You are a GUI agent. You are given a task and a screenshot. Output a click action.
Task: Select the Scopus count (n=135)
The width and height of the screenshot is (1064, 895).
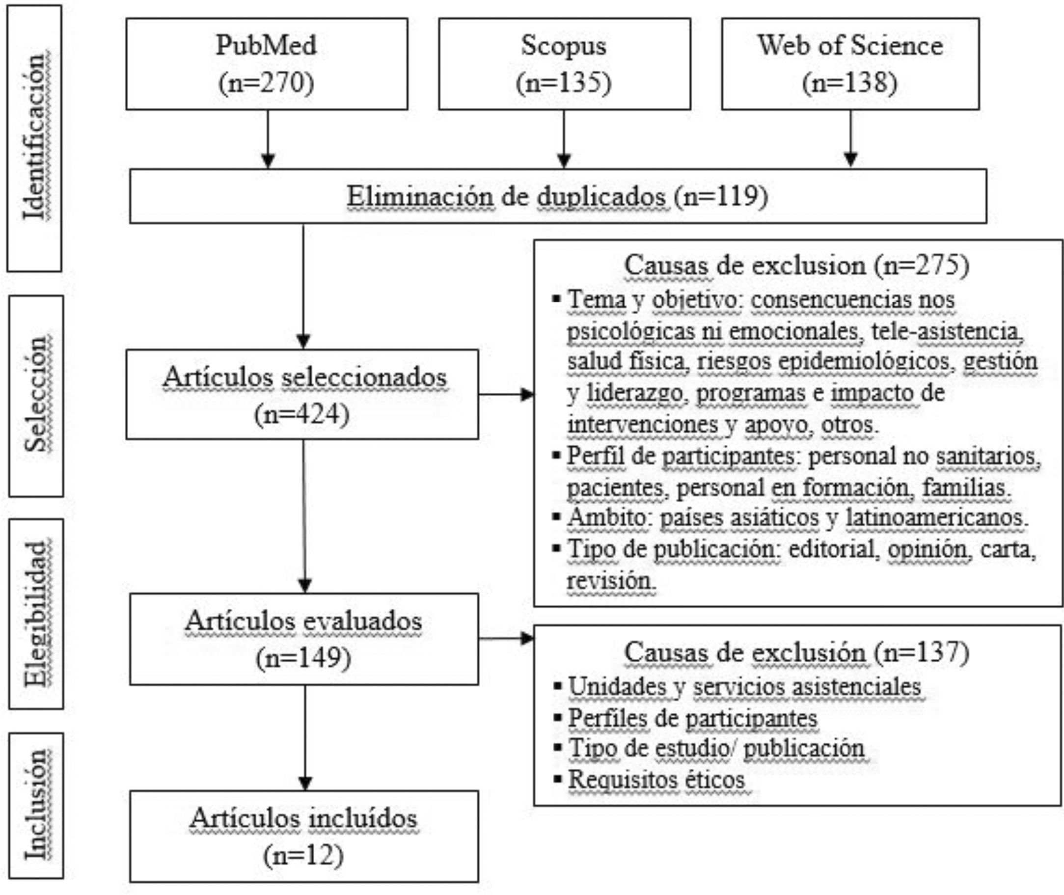click(563, 82)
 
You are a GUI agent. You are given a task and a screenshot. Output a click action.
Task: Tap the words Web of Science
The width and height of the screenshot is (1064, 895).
click(850, 46)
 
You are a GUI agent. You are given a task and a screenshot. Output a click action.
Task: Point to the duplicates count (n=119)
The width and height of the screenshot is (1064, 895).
click(721, 196)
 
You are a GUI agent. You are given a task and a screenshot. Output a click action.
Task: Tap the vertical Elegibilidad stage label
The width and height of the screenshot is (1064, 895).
click(36, 613)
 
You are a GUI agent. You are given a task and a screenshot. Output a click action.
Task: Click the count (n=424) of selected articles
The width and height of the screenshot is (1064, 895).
click(302, 414)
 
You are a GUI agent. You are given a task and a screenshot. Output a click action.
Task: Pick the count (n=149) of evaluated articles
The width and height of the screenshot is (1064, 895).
click(303, 658)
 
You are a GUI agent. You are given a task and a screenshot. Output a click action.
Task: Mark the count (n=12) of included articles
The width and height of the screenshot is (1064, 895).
click(303, 855)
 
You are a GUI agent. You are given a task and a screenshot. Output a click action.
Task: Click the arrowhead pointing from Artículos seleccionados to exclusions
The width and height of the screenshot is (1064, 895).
click(528, 394)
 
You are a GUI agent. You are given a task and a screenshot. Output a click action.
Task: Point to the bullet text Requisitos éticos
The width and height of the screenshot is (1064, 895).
click(656, 779)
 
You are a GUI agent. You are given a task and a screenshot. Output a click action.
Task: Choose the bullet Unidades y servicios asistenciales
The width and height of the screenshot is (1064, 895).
click(744, 687)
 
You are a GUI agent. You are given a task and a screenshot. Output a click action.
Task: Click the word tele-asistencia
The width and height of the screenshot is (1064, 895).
click(947, 331)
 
